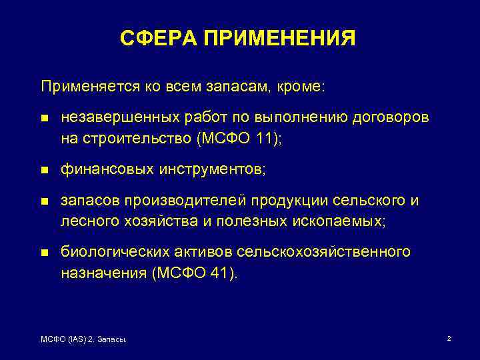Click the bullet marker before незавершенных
(45, 119)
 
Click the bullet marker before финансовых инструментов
(45, 170)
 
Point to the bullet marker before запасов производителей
(45, 201)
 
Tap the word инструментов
(211, 169)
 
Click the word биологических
(112, 252)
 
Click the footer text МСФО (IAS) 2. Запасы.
(84, 340)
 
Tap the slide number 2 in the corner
(449, 339)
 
